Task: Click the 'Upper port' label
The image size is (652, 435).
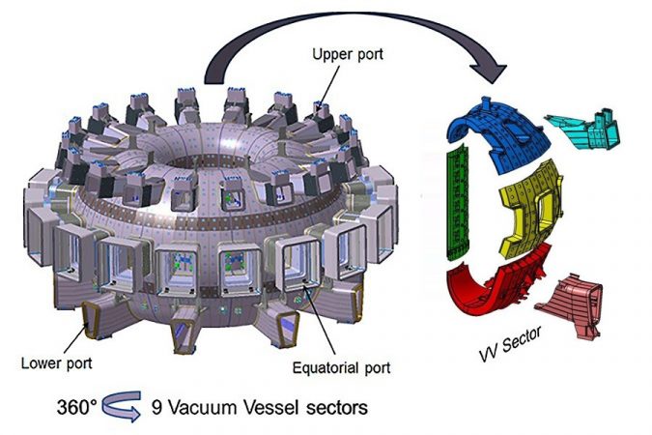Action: pos(348,55)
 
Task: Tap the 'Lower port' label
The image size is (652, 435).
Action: pos(57,363)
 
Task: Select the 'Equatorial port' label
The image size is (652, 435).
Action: pos(341,368)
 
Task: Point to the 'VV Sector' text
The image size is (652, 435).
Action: pos(510,344)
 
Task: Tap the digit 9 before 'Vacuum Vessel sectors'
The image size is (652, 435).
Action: pos(156,407)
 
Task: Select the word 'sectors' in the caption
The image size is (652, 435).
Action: pos(337,408)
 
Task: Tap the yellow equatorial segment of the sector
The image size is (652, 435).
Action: pos(531,208)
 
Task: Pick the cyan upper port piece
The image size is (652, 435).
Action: pos(584,130)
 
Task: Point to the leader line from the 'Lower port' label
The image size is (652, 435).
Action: pos(75,340)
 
